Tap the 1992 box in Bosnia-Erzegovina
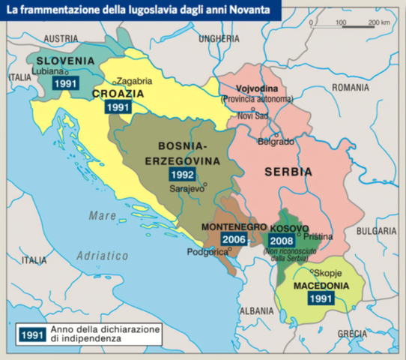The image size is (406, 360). [x=182, y=173]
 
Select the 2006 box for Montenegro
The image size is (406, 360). [x=232, y=240]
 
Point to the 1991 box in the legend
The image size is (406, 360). [x=33, y=334]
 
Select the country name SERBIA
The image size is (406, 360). [x=288, y=172]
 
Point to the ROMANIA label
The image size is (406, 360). [x=351, y=88]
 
